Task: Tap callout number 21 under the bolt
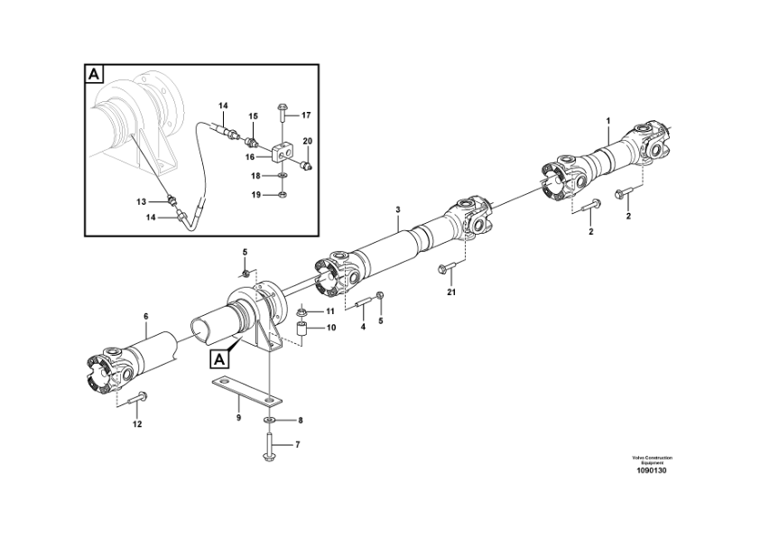coord(451,292)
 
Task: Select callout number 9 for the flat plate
coord(238,417)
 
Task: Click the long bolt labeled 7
coord(269,445)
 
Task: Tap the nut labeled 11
coord(302,311)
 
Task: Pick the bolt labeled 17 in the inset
coord(282,114)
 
